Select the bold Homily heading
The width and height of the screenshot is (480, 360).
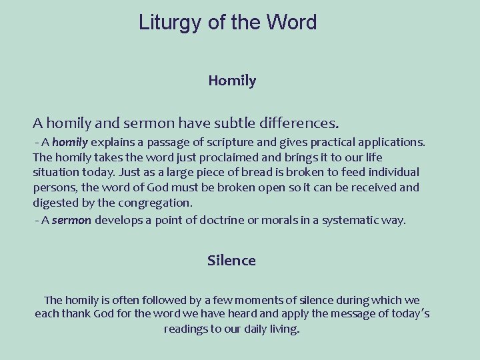coord(232,81)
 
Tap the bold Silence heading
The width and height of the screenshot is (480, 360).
coord(231,260)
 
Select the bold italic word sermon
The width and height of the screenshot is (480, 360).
coord(71,220)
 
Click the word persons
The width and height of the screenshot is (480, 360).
coord(55,187)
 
